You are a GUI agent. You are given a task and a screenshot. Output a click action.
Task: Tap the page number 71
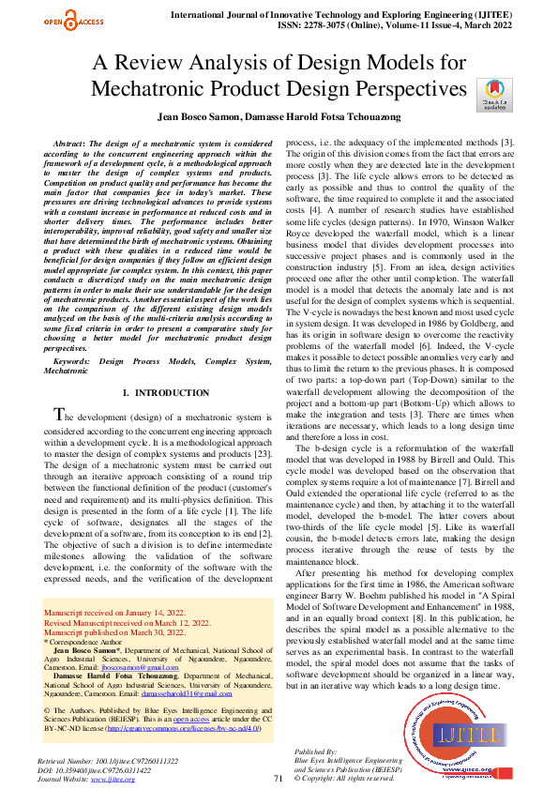(278, 778)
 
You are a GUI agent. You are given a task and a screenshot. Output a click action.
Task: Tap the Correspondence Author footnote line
(84, 640)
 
